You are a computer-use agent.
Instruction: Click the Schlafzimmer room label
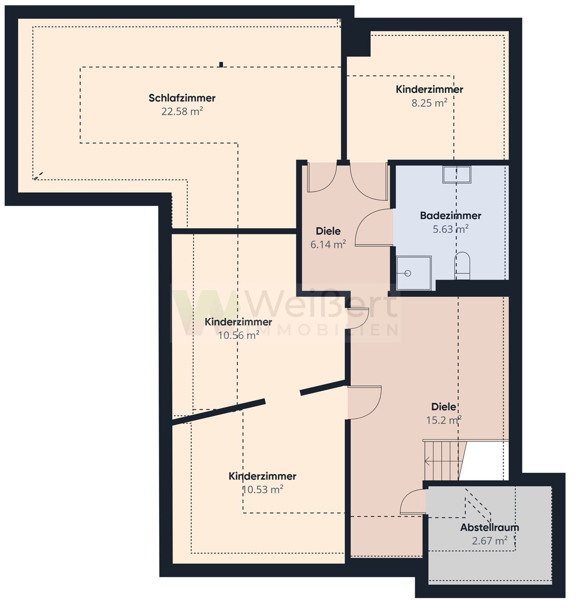pos(182,98)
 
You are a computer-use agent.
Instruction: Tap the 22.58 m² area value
pos(182,111)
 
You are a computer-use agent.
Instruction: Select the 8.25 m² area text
pos(429,103)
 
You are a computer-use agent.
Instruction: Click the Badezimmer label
pos(450,215)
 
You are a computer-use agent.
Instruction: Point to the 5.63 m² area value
pos(450,229)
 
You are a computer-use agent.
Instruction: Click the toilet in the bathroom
pos(462,266)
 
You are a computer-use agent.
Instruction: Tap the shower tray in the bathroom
pos(414,273)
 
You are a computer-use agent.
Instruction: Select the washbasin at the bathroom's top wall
pos(457,175)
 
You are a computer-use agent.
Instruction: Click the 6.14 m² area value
pos(328,244)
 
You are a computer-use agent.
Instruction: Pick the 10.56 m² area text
pos(238,335)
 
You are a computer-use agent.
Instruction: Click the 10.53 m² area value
pos(263,489)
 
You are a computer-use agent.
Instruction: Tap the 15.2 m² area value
pos(443,420)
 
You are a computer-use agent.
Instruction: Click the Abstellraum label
pos(490,527)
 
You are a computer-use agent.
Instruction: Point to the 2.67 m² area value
pos(490,541)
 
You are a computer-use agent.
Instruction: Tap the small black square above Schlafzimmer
pos(221,64)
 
